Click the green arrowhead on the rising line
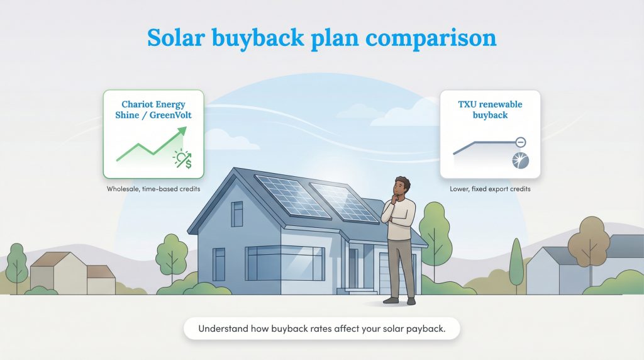(x=182, y=132)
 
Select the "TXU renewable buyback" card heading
(x=490, y=110)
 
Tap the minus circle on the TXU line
(x=521, y=142)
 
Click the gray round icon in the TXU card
(x=521, y=161)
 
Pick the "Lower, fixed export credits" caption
(x=490, y=189)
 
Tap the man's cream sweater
(x=401, y=220)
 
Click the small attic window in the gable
(x=237, y=214)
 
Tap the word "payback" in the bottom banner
(x=426, y=329)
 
